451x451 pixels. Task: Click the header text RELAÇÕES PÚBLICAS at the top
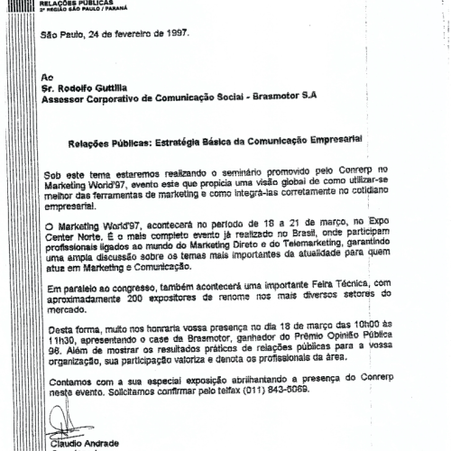click(x=72, y=4)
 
